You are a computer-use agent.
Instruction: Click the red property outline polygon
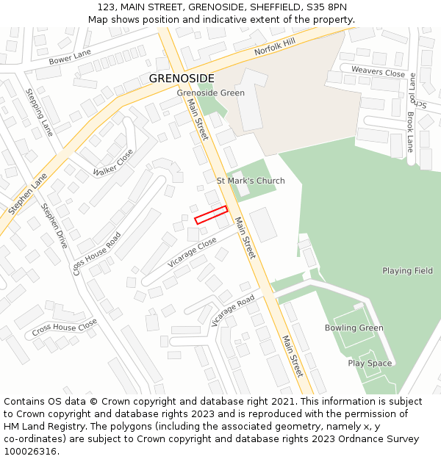pyautogui.click(x=211, y=214)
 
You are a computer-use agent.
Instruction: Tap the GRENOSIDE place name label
pyautogui.click(x=182, y=78)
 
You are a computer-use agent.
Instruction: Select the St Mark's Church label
pyautogui.click(x=251, y=181)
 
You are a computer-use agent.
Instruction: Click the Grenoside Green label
pyautogui.click(x=210, y=93)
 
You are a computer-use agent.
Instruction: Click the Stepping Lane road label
pyautogui.click(x=40, y=112)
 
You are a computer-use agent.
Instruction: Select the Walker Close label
pyautogui.click(x=113, y=162)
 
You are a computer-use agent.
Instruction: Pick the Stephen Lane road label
pyautogui.click(x=27, y=194)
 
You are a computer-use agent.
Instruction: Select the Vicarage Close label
pyautogui.click(x=192, y=251)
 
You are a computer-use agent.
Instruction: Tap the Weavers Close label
pyautogui.click(x=378, y=73)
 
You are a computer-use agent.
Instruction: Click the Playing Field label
pyautogui.click(x=407, y=271)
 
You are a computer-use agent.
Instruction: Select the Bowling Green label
pyautogui.click(x=354, y=328)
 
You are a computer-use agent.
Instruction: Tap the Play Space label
pyautogui.click(x=370, y=364)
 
